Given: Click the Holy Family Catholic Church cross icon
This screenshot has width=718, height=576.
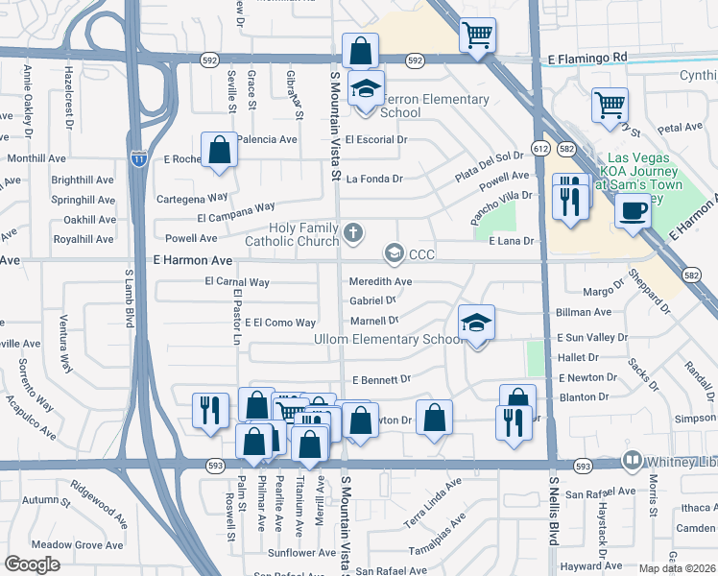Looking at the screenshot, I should point(354,231).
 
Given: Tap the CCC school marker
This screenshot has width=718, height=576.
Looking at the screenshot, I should point(394,253).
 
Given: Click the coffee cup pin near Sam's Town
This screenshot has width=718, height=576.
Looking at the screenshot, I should point(633,210).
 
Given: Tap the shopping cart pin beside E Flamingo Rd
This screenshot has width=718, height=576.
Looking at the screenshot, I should point(477,36).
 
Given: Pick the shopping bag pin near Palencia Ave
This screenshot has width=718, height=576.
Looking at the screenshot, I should point(220,151).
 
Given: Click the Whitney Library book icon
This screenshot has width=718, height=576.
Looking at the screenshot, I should point(632,461).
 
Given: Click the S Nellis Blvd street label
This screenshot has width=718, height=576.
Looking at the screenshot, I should point(554,510).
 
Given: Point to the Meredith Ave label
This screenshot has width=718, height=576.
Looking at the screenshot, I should point(380,281).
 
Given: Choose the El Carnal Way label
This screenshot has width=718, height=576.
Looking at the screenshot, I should point(237,282).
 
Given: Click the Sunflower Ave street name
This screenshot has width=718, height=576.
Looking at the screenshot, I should point(301,553).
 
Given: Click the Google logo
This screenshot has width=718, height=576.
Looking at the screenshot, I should point(32,564).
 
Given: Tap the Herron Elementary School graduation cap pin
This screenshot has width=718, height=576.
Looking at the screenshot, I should point(365,90).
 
